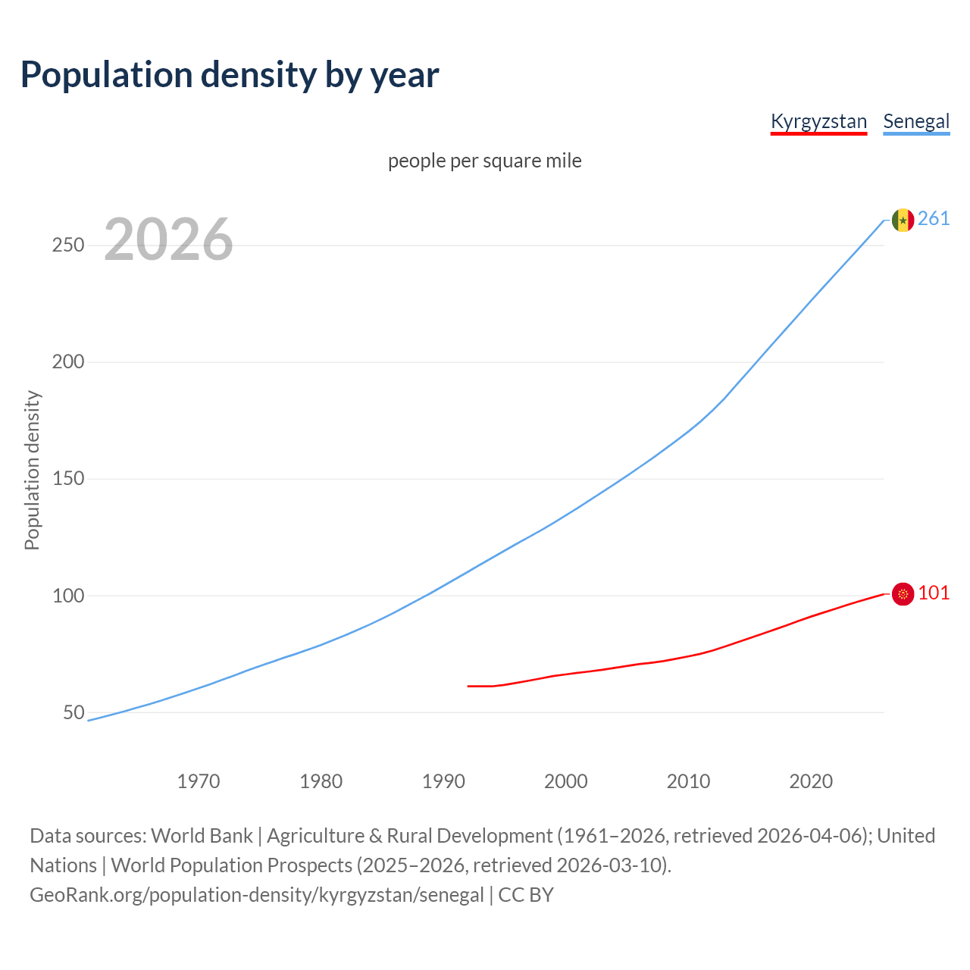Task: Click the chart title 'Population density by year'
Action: (x=230, y=75)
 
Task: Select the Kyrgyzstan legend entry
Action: (x=818, y=121)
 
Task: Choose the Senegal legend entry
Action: (x=916, y=121)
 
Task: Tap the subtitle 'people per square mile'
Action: (x=485, y=161)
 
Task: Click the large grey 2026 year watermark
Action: (x=168, y=239)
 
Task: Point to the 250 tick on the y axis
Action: (x=68, y=246)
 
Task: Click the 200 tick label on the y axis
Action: (x=68, y=362)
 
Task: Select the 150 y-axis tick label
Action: (x=68, y=479)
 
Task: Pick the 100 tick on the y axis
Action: (x=68, y=596)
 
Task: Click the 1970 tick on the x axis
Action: (x=199, y=781)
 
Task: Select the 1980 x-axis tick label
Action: (x=321, y=781)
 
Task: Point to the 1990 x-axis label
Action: (x=443, y=781)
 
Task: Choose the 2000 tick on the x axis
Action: (x=566, y=781)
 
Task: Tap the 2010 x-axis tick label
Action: (x=688, y=781)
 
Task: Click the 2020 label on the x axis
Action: (x=811, y=781)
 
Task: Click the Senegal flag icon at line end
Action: (x=903, y=220)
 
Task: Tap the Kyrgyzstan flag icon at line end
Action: (x=903, y=594)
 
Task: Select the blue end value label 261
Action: (x=934, y=219)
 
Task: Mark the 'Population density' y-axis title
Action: (x=32, y=470)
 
